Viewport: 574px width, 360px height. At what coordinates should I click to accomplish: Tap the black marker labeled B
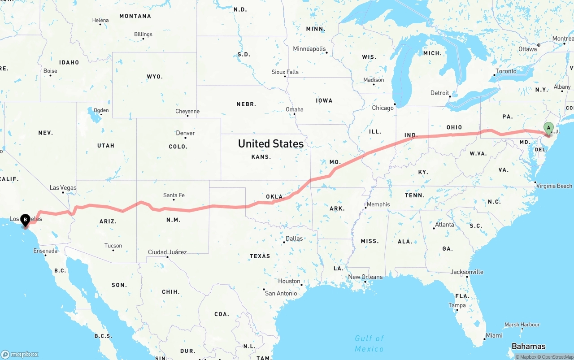[26, 220]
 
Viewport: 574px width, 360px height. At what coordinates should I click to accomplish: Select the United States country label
[270, 143]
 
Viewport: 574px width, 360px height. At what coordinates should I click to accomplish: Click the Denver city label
[185, 133]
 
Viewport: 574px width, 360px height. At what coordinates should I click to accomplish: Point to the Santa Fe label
[174, 195]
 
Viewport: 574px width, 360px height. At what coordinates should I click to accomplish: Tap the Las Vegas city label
[63, 188]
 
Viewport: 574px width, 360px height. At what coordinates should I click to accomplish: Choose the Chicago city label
[383, 108]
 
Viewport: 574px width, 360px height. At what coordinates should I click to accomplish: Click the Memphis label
[378, 204]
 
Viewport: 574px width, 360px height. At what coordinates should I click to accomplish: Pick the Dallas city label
[294, 239]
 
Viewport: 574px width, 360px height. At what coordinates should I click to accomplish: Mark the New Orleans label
[365, 277]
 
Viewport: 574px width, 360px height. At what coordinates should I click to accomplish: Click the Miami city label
[494, 335]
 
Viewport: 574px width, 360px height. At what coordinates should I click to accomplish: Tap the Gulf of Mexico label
[370, 343]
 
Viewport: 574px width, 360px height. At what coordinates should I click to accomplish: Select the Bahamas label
[528, 346]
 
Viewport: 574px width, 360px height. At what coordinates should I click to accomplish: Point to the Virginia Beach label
[554, 186]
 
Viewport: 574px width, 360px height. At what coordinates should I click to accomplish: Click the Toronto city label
[506, 71]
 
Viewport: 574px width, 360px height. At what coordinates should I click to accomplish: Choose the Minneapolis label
[309, 48]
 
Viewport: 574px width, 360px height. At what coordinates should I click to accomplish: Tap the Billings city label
[143, 34]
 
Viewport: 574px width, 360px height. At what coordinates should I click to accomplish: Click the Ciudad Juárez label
[167, 252]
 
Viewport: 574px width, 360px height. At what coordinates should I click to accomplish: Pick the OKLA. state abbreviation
[275, 196]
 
